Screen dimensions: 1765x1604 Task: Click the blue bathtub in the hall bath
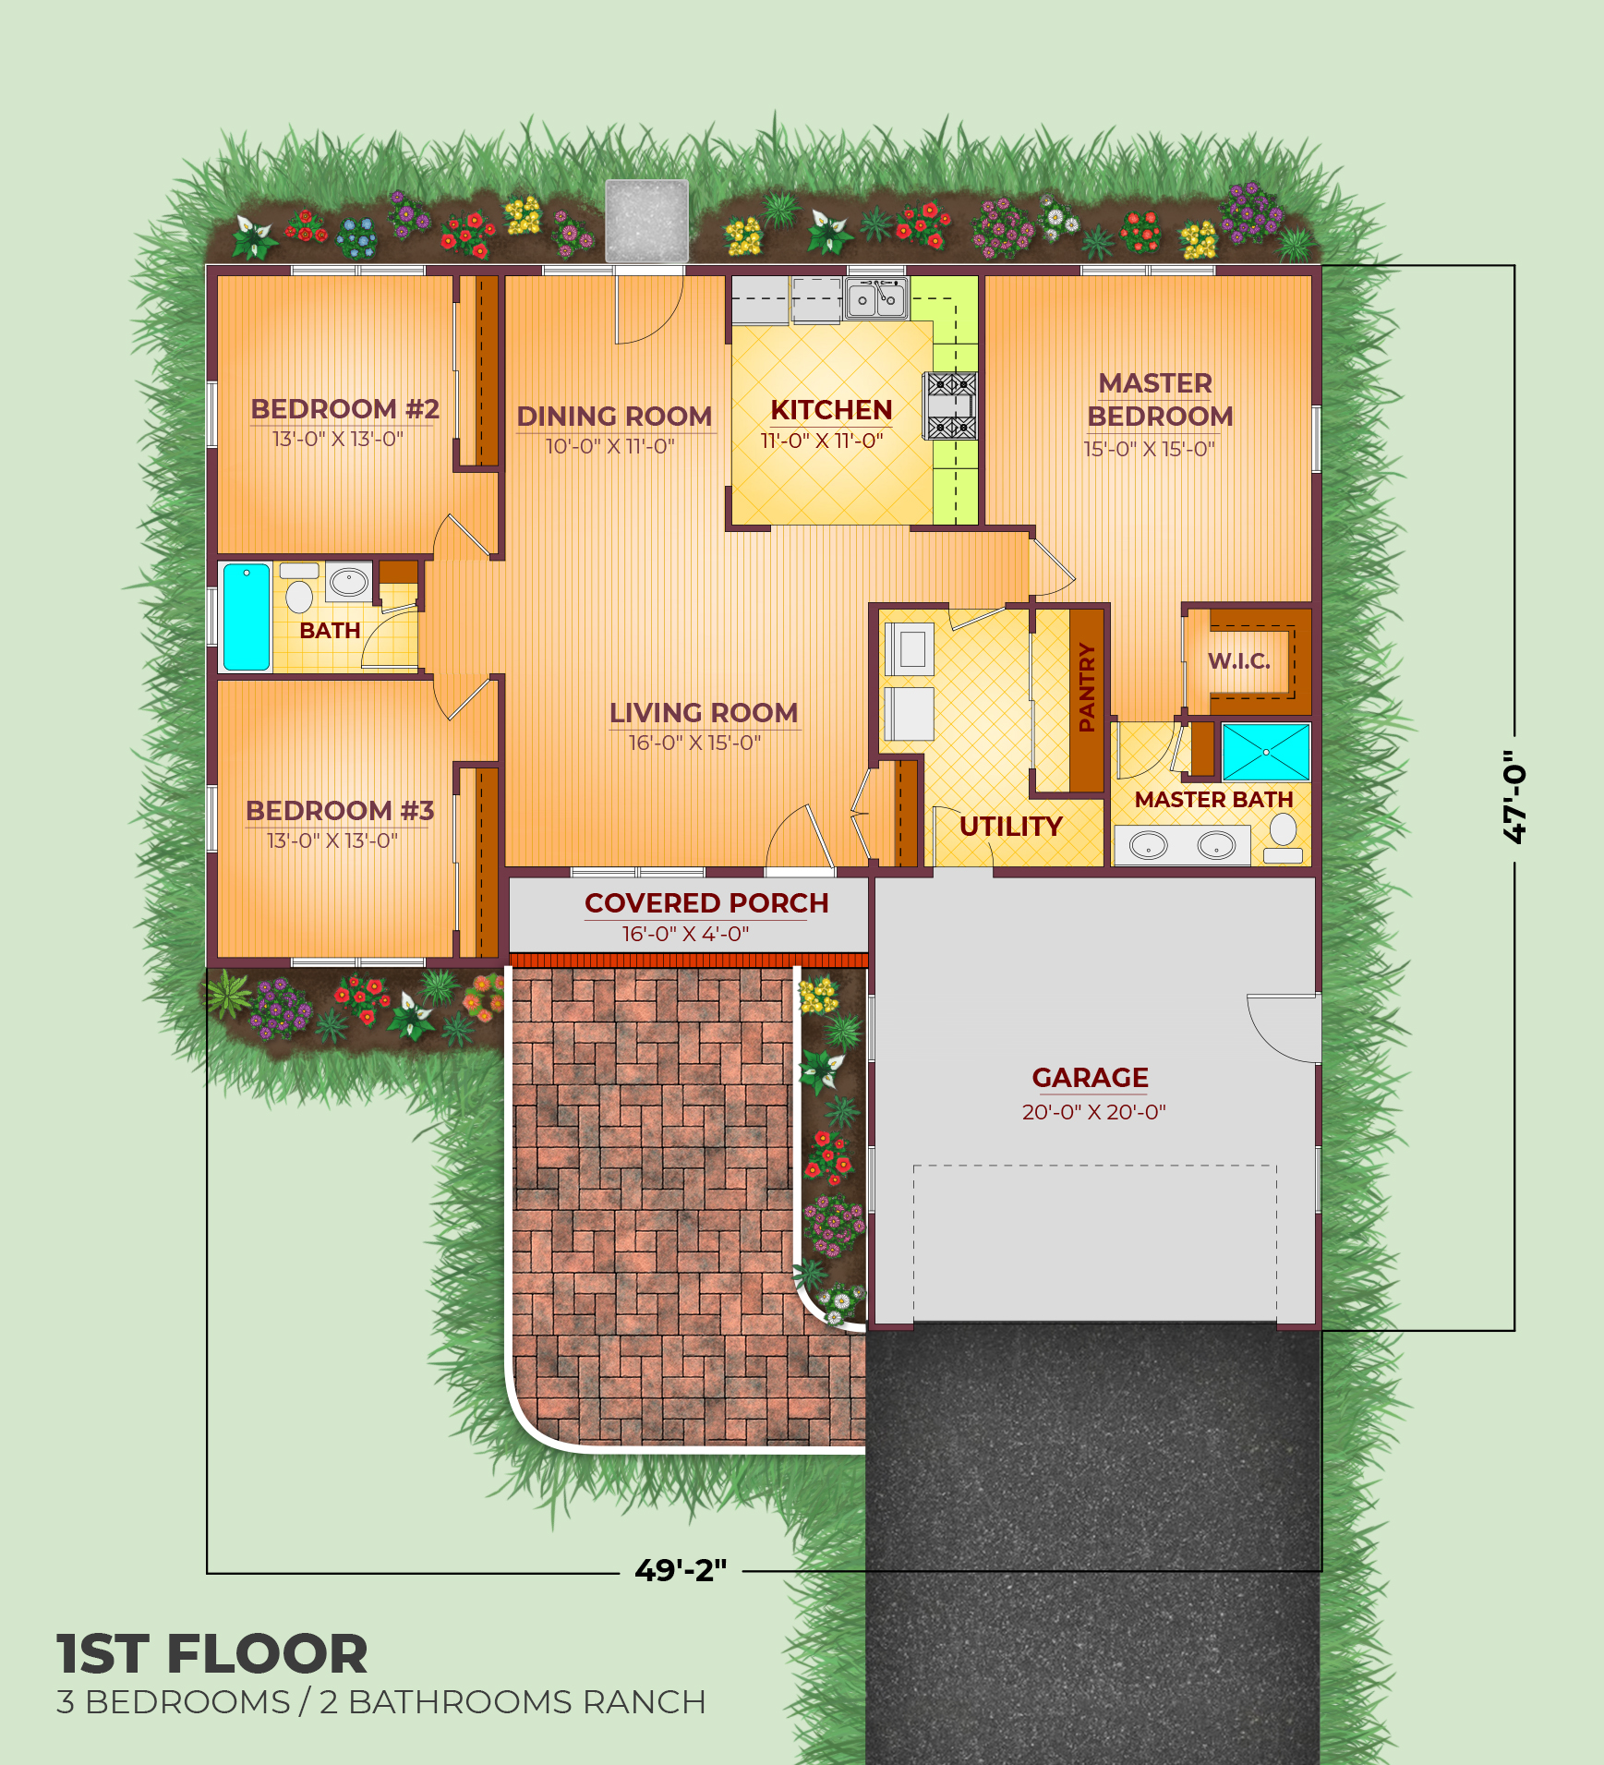(247, 616)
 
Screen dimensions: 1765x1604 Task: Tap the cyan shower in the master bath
(1266, 752)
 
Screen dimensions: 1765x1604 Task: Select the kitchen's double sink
(875, 299)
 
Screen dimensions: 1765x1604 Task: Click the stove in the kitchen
(951, 405)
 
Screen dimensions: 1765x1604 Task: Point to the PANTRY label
(1087, 688)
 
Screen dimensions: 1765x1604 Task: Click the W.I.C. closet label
(1239, 661)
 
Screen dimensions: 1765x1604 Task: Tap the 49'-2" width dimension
(681, 1570)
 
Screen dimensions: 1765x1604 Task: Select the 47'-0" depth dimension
(1514, 796)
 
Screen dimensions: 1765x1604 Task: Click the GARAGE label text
(1090, 1078)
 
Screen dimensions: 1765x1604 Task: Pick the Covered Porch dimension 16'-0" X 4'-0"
(685, 934)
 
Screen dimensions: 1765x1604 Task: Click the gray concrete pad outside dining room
(646, 221)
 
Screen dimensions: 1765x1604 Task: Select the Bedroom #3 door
(467, 699)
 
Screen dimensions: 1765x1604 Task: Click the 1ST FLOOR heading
(212, 1653)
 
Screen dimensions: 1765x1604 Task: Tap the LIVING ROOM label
(703, 713)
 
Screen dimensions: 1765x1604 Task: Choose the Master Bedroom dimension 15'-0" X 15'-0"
(1149, 449)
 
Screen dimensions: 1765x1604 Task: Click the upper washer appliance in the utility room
(910, 648)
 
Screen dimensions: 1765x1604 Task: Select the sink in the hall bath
(349, 582)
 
